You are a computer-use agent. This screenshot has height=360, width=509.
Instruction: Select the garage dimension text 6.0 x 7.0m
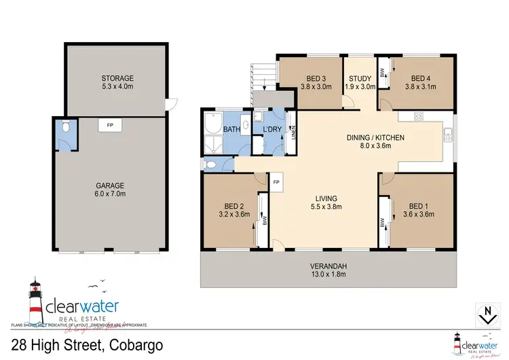113,194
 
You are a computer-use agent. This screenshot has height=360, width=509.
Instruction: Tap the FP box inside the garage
109,125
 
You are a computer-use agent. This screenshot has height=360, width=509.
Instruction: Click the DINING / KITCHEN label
375,138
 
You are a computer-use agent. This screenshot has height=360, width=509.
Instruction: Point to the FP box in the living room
277,183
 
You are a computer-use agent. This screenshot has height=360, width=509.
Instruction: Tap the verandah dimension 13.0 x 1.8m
326,274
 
